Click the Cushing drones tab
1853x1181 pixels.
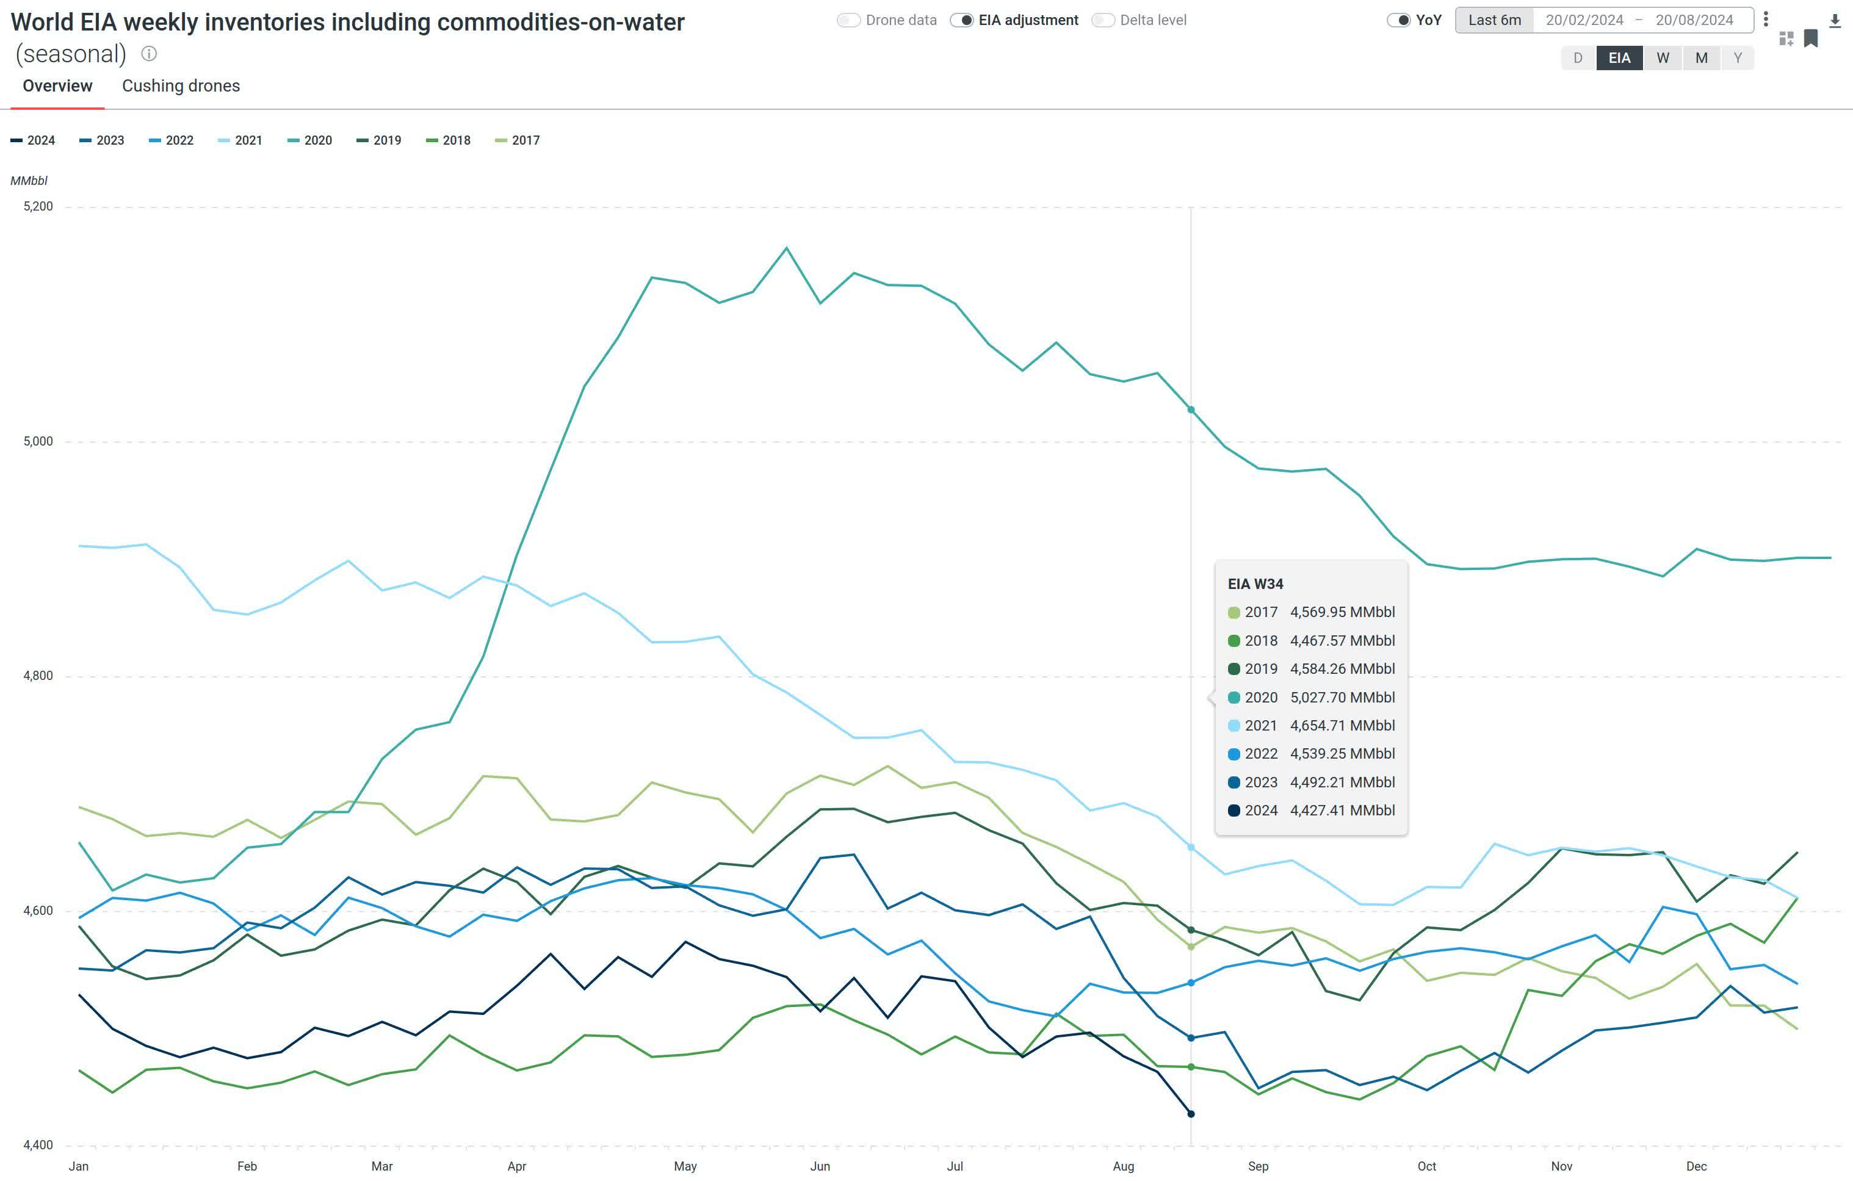coord(181,85)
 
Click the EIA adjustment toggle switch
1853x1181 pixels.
coord(962,20)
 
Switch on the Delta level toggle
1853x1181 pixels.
coord(1103,20)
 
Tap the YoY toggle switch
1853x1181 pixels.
coord(1398,20)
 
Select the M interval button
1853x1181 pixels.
coord(1702,58)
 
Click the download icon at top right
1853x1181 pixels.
coord(1835,21)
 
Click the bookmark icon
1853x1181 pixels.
coord(1811,38)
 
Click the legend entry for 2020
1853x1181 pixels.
coord(309,140)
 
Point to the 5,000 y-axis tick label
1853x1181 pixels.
coord(38,441)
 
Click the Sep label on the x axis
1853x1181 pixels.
coord(1258,1166)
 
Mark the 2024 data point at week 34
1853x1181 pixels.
coord(1191,1113)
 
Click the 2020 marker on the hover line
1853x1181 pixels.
coord(1191,410)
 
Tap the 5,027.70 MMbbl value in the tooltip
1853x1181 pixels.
coord(1342,697)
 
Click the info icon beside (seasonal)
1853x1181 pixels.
coord(150,54)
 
